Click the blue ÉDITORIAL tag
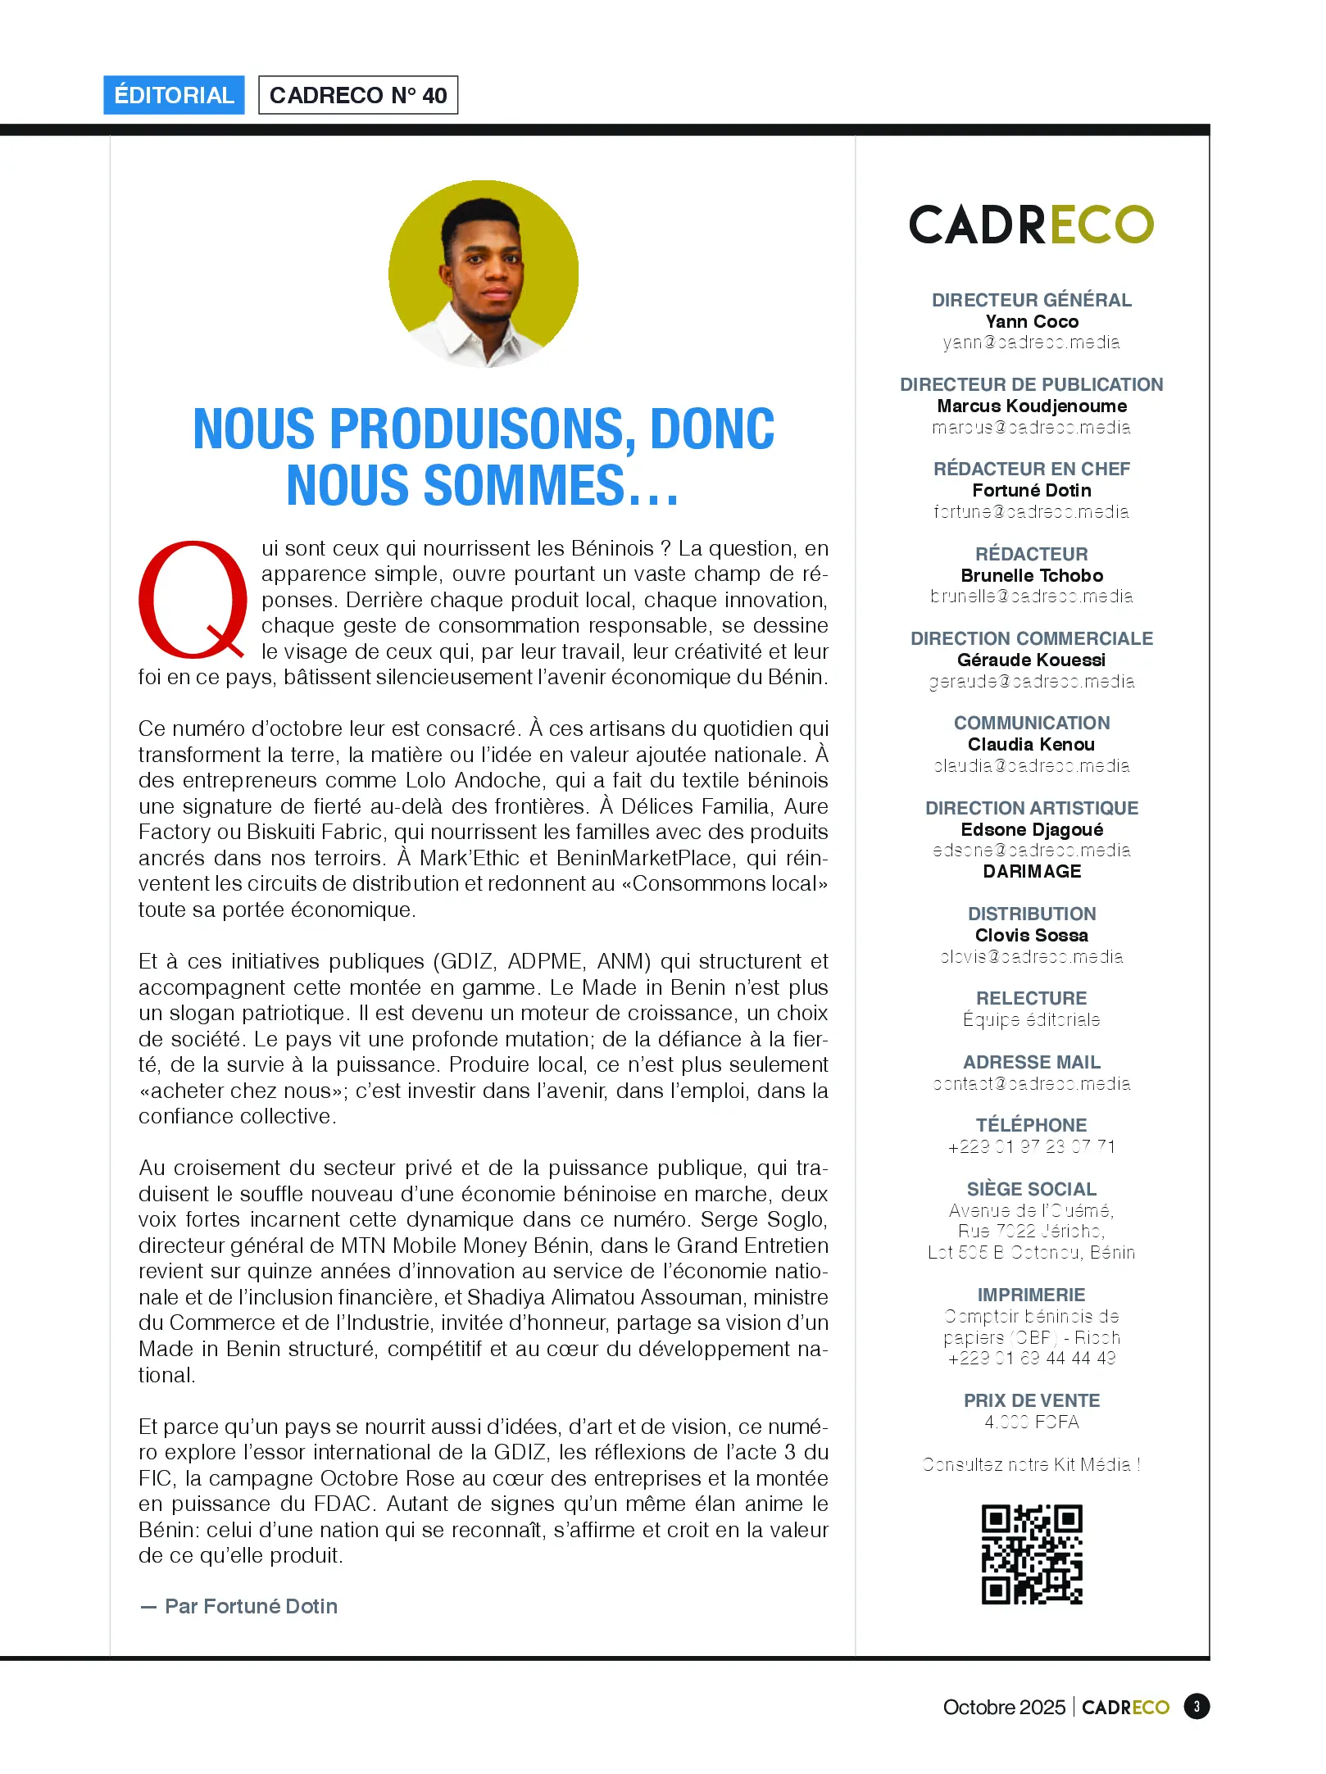(x=174, y=95)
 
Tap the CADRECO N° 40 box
(x=358, y=95)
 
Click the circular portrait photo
(x=484, y=274)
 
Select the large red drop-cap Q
(x=193, y=601)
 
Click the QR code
(x=1032, y=1554)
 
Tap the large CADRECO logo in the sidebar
(x=1031, y=225)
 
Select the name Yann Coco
(x=1032, y=321)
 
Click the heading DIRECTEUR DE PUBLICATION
(x=1031, y=384)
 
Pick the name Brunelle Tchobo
(x=1032, y=575)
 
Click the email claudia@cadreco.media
(x=1032, y=765)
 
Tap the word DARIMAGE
(x=1032, y=871)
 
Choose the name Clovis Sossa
(x=1032, y=935)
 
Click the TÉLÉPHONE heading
(x=1032, y=1125)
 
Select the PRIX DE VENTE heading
(x=1032, y=1400)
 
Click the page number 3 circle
(x=1197, y=1707)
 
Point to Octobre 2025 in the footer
(x=1004, y=1707)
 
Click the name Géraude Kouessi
(x=1032, y=660)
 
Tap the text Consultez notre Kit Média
(x=1032, y=1464)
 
